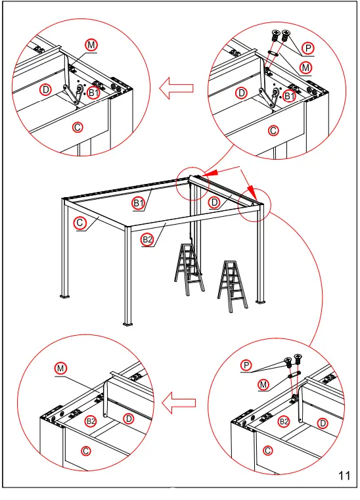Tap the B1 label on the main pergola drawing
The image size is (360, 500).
138,203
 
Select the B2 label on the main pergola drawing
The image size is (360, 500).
147,240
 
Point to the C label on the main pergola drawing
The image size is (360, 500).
79,223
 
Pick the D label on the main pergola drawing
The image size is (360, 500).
214,203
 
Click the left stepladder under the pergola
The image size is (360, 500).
189,270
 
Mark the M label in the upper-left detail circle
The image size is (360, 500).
91,44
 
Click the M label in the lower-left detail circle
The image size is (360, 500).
60,369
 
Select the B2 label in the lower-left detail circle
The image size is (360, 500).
91,420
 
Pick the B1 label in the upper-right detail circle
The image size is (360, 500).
290,96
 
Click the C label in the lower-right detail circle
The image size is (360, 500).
267,451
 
